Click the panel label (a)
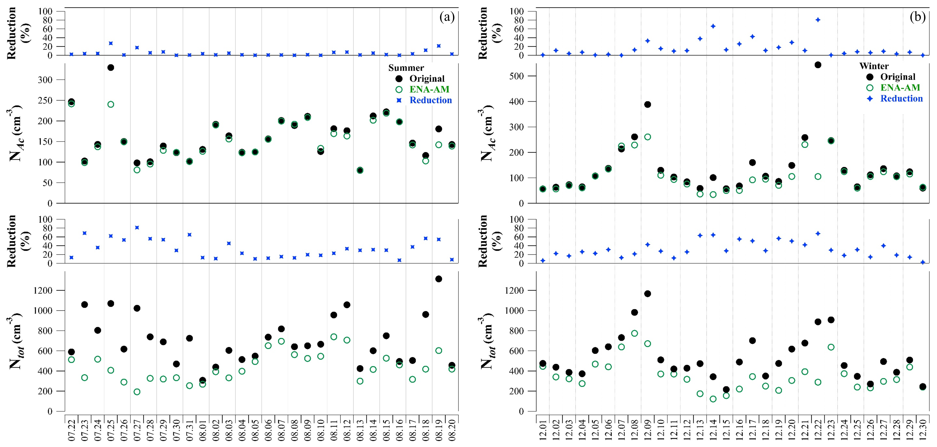pyautogui.click(x=447, y=17)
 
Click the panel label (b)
pyautogui.click(x=917, y=17)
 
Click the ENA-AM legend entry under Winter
pyautogui.click(x=900, y=88)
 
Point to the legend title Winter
pyautogui.click(x=874, y=66)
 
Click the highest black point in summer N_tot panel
pyautogui.click(x=439, y=279)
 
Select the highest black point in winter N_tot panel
pyautogui.click(x=647, y=294)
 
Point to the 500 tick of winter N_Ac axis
pyautogui.click(x=517, y=76)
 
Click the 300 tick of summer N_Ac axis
pyautogui.click(x=45, y=80)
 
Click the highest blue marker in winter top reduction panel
pyautogui.click(x=818, y=20)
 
